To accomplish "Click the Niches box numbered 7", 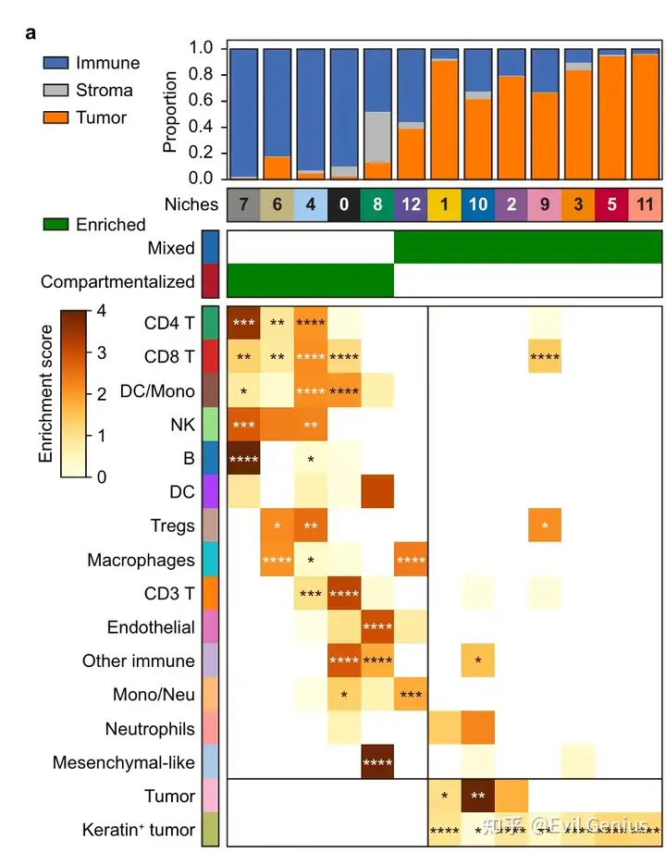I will [244, 204].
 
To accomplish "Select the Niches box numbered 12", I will [411, 204].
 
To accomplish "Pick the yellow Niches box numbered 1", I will [444, 204].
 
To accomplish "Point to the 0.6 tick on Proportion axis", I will [203, 100].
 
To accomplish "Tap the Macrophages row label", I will [141, 560].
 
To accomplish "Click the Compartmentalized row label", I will [118, 282].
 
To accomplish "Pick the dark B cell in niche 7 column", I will [244, 458].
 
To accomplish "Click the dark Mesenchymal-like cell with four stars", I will [377, 763].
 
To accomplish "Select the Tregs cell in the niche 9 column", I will [545, 525].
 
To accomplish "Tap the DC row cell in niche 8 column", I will [377, 491].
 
